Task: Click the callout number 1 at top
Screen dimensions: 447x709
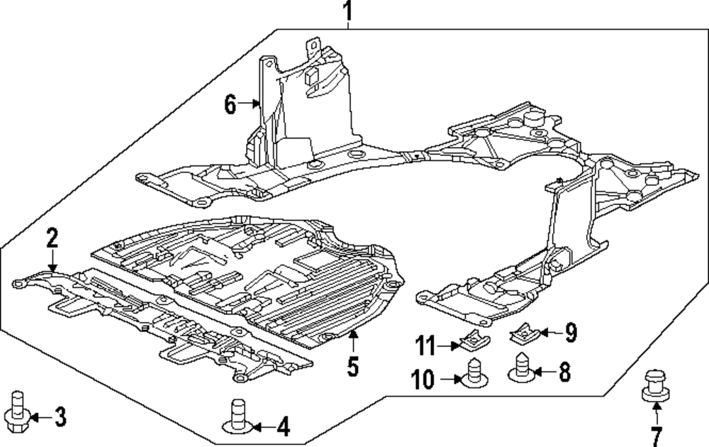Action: point(347,11)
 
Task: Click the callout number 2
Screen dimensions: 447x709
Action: point(52,238)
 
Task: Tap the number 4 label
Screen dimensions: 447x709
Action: point(282,426)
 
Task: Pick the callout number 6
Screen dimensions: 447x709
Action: point(230,104)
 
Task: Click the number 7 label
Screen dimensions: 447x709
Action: point(656,435)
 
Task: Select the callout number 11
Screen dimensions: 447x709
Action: point(425,346)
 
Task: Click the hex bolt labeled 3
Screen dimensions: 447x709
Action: point(17,409)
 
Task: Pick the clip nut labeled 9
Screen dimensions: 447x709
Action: point(523,330)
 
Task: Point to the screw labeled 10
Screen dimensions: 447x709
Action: point(474,374)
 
